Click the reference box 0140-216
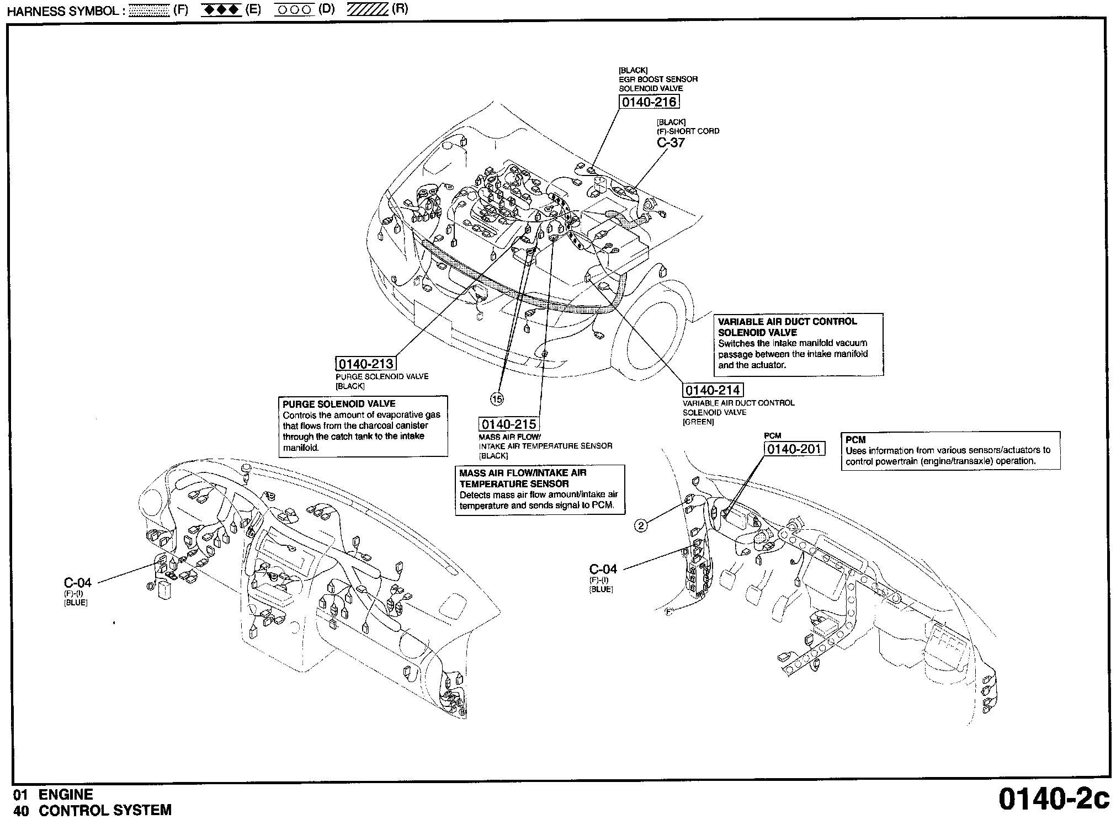649,102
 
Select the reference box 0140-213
365,364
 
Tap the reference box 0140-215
508,424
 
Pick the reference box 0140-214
713,391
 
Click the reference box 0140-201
794,449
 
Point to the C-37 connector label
671,142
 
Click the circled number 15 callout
497,398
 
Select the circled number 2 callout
641,526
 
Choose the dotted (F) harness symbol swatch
148,11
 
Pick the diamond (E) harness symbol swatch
221,11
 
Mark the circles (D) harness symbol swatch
294,11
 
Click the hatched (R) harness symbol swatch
368,11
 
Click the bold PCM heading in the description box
855,440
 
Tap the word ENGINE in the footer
65,795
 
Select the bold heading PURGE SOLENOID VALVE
339,404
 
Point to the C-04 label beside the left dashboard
77,582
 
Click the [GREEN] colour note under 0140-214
698,422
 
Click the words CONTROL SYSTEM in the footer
105,811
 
